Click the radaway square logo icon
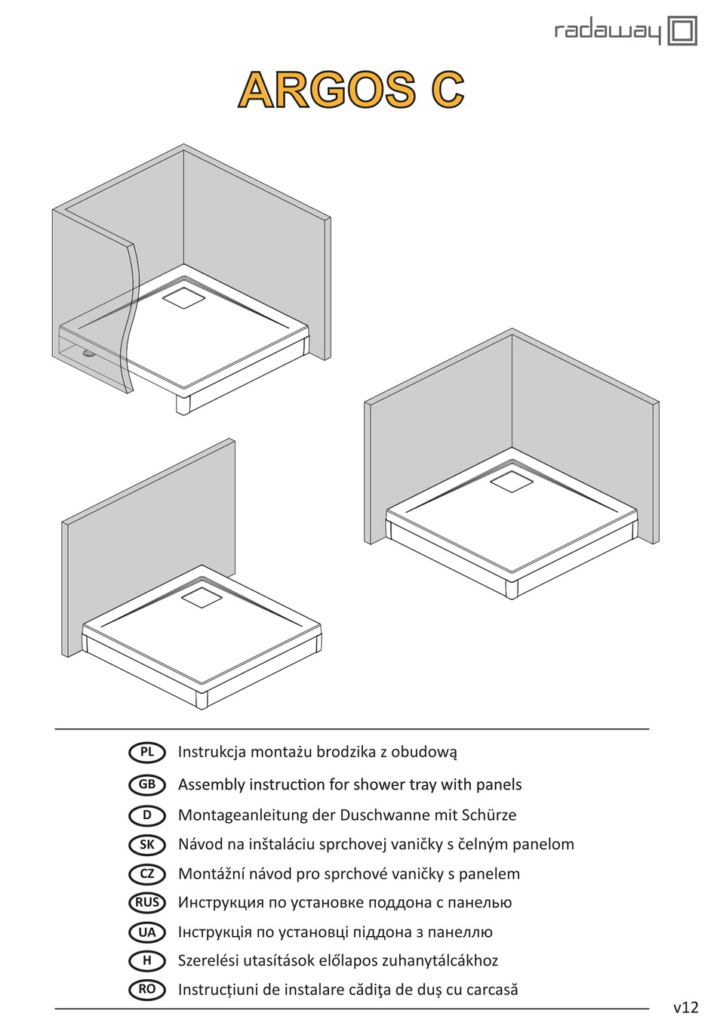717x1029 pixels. click(x=682, y=32)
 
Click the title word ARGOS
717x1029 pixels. click(x=327, y=90)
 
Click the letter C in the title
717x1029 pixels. click(x=447, y=90)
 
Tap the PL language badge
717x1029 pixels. click(x=147, y=752)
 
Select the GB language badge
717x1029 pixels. click(x=147, y=784)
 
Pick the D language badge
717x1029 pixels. click(x=147, y=815)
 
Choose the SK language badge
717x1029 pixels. click(x=147, y=844)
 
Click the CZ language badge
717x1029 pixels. click(x=147, y=873)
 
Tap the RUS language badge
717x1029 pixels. click(x=147, y=902)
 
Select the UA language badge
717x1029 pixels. click(x=147, y=932)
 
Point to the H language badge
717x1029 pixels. click(x=147, y=960)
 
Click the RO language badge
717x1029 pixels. click(x=147, y=989)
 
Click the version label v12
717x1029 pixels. click(x=685, y=1007)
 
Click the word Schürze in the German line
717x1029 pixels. click(x=488, y=815)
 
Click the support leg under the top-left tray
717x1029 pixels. click(x=183, y=403)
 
